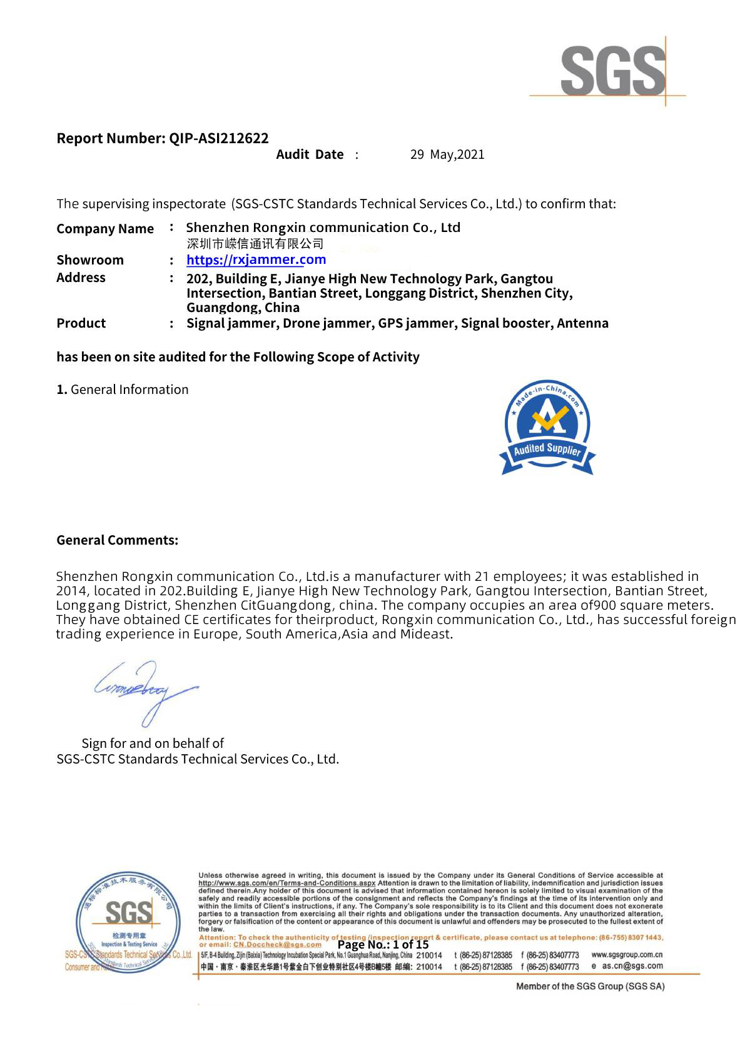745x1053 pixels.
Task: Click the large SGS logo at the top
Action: point(613,71)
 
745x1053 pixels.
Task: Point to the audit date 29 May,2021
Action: point(447,154)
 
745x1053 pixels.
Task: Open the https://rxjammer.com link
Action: point(256,259)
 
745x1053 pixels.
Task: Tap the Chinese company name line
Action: point(255,244)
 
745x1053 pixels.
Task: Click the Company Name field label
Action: point(105,229)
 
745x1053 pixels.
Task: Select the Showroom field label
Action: point(90,260)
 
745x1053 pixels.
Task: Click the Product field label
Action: point(81,323)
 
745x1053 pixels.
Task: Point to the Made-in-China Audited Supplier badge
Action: point(547,428)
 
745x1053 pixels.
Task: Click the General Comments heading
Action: point(118,540)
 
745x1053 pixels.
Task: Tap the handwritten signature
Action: point(145,690)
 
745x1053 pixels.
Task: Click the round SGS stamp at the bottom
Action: point(126,922)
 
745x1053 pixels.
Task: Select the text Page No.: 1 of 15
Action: point(383,945)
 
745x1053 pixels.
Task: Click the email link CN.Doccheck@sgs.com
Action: point(277,945)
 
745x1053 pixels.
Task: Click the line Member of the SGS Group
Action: point(590,986)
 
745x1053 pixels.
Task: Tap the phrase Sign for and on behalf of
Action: point(153,743)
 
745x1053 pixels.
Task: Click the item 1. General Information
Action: point(123,390)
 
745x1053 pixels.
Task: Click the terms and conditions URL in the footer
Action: point(286,883)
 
